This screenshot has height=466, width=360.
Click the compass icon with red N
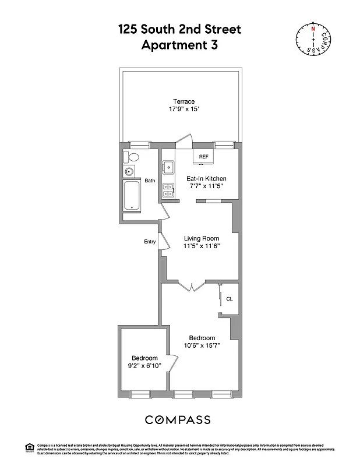tap(313, 40)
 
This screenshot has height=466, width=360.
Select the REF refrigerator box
tap(204, 157)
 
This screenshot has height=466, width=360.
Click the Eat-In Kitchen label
tap(206, 178)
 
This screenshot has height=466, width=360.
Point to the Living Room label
tap(202, 238)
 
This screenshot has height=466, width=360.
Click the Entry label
tap(150, 242)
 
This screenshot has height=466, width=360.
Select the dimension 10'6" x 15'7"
tap(202, 346)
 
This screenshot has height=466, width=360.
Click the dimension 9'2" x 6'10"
tap(144, 366)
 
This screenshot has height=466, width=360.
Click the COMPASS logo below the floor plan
tap(178, 420)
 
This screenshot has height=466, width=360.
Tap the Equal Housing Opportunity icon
tap(29, 447)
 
